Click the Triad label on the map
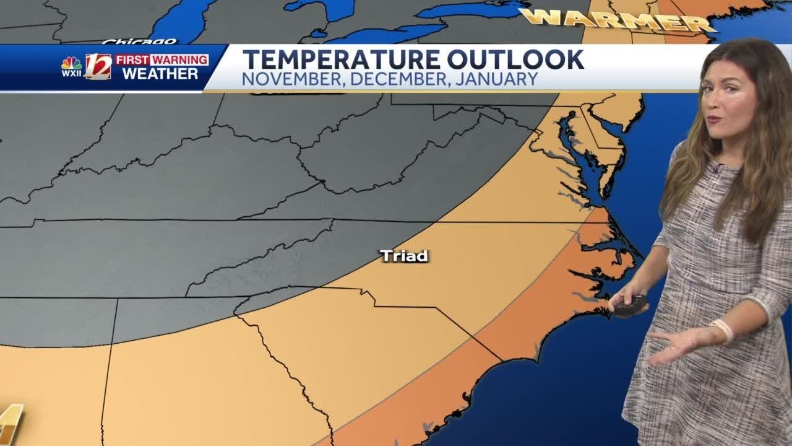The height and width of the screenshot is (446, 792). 404,255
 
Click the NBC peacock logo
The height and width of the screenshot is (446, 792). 71,64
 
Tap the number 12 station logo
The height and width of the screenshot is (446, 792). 98,66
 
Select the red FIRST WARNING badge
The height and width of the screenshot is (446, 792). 161,60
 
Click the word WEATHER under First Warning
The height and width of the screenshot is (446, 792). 160,74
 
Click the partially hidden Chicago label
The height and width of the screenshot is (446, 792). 139,42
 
